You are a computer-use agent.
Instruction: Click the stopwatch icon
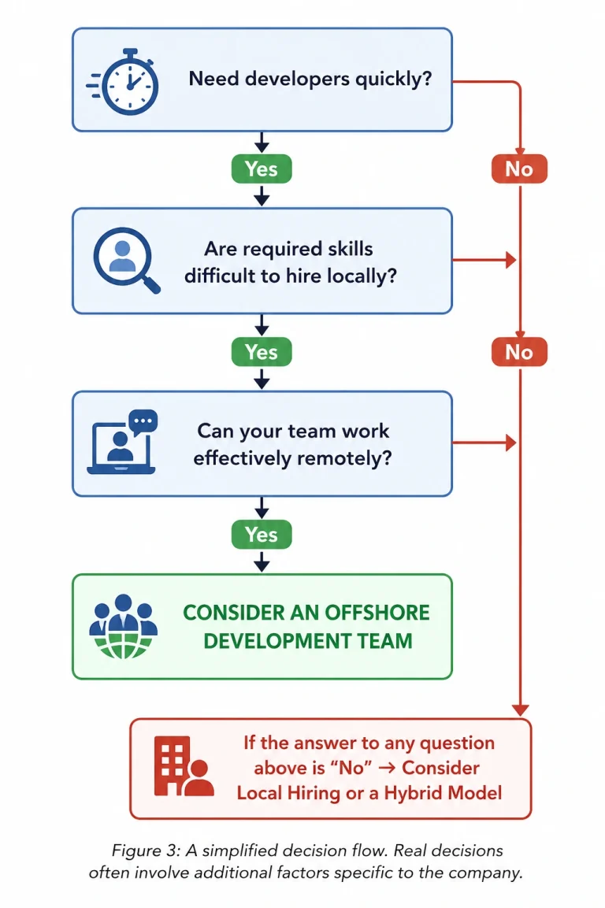point(124,82)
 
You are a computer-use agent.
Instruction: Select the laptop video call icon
point(121,443)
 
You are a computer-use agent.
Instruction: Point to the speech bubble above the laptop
point(143,422)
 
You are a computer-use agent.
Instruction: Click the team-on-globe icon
point(124,626)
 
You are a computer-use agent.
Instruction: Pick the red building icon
point(183,765)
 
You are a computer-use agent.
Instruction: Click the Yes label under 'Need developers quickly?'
point(262,169)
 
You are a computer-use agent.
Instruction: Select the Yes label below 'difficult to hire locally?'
point(262,352)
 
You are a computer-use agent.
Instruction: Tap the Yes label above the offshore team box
point(262,535)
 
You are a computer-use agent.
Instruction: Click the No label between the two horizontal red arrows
point(519,352)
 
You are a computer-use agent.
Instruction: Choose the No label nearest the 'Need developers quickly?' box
point(519,169)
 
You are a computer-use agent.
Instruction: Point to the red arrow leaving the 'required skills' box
point(484,260)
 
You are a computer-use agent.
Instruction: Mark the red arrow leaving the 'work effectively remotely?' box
point(484,443)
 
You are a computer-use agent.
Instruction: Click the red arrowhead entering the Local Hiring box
point(521,710)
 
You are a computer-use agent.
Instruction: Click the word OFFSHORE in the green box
point(377,613)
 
